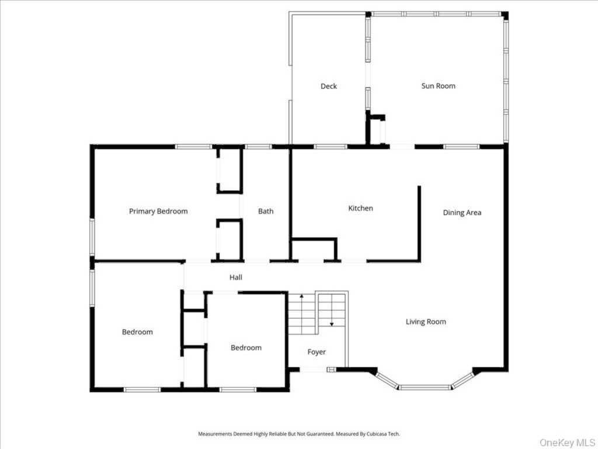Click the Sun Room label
click(x=438, y=86)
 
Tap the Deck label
click(x=328, y=87)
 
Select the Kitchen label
click(x=360, y=208)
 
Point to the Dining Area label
click(x=462, y=213)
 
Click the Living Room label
click(x=426, y=322)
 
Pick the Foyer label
click(x=317, y=352)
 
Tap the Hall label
click(x=236, y=278)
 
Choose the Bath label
click(x=266, y=211)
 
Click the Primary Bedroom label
click(x=158, y=211)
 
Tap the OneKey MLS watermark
click(x=566, y=443)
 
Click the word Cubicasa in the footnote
click(x=377, y=434)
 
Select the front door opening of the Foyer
click(x=313, y=369)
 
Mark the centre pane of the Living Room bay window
click(x=425, y=388)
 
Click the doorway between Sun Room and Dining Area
click(x=402, y=146)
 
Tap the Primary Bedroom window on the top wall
click(x=193, y=147)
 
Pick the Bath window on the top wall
click(x=258, y=147)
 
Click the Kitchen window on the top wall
click(x=331, y=147)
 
